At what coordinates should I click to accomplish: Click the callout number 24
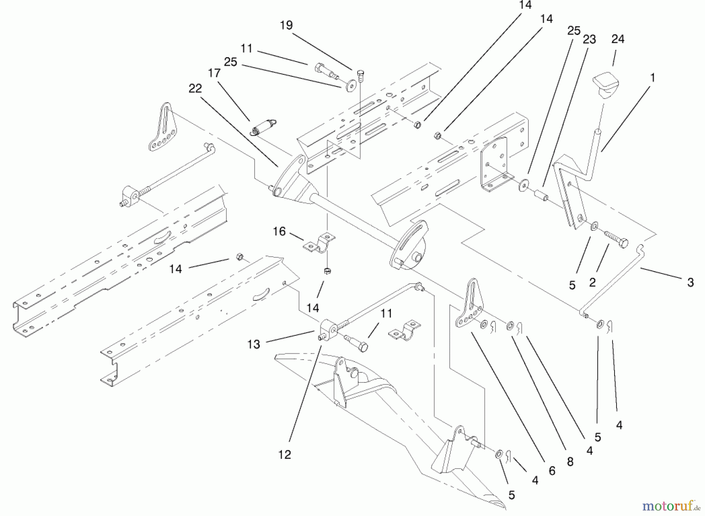[x=618, y=39]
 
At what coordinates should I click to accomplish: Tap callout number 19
[x=286, y=25]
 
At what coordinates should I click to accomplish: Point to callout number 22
[x=195, y=89]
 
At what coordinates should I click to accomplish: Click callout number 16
[x=279, y=232]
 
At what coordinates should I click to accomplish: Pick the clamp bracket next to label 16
[x=320, y=243]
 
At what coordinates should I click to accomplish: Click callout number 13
[x=253, y=344]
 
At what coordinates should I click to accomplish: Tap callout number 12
[x=285, y=454]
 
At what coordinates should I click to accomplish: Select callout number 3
[x=690, y=282]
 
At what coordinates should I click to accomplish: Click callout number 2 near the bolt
[x=592, y=282]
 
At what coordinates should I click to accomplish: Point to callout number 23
[x=589, y=39]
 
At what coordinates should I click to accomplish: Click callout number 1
[x=652, y=78]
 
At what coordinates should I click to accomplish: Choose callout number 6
[x=552, y=471]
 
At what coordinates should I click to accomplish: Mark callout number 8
[x=570, y=462]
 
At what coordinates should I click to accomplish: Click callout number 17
[x=214, y=73]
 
